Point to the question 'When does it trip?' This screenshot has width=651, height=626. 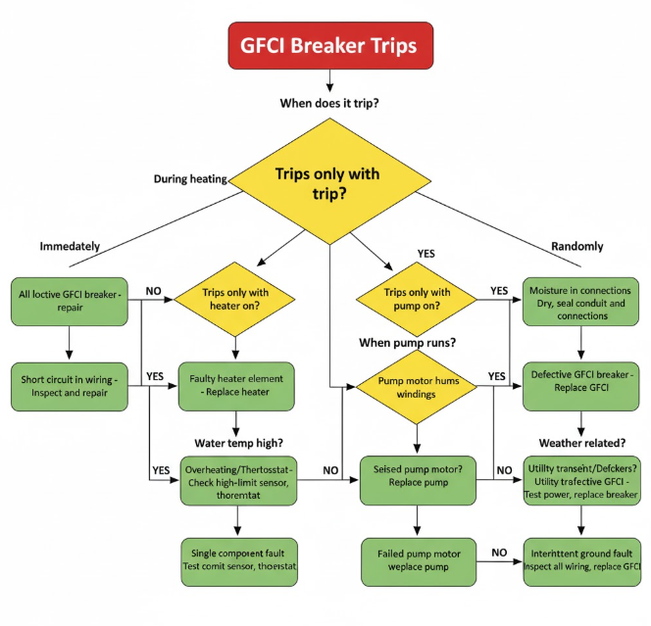point(329,103)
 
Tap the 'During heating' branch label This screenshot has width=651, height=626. point(190,179)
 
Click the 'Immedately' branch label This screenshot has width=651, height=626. point(70,247)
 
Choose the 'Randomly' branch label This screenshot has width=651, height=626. point(577,247)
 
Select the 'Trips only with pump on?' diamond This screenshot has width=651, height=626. point(419,299)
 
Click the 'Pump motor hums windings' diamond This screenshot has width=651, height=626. point(418,387)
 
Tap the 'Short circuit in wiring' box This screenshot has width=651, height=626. point(70,387)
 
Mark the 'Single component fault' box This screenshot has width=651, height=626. point(235,562)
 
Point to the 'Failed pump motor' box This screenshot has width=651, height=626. point(419,562)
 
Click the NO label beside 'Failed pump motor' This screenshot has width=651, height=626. point(499,553)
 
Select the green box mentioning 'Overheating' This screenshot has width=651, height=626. point(235,477)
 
